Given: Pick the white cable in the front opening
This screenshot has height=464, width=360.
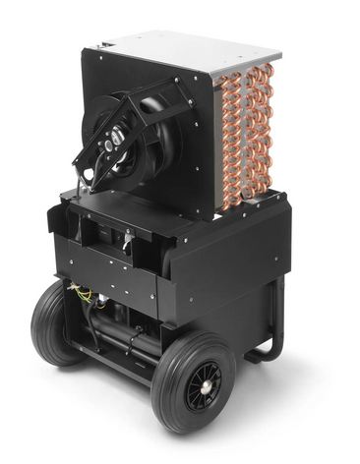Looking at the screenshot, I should [x=126, y=236].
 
